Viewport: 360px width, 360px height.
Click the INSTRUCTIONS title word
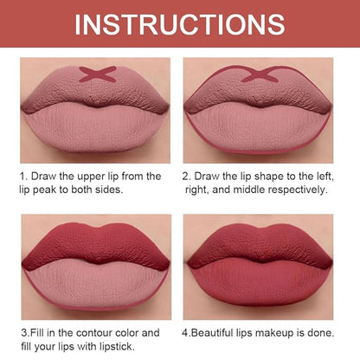click(180, 24)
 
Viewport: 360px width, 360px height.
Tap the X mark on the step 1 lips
click(98, 74)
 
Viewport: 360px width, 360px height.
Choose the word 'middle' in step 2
click(248, 190)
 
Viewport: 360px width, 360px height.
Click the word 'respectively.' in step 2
click(298, 190)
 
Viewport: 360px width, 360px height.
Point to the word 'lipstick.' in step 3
click(117, 346)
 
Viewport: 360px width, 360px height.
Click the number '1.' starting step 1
click(23, 177)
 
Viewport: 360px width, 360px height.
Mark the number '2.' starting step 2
click(187, 177)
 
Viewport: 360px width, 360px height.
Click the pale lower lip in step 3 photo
click(95, 284)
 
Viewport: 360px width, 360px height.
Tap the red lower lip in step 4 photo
click(260, 283)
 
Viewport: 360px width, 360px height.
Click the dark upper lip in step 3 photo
click(96, 245)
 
